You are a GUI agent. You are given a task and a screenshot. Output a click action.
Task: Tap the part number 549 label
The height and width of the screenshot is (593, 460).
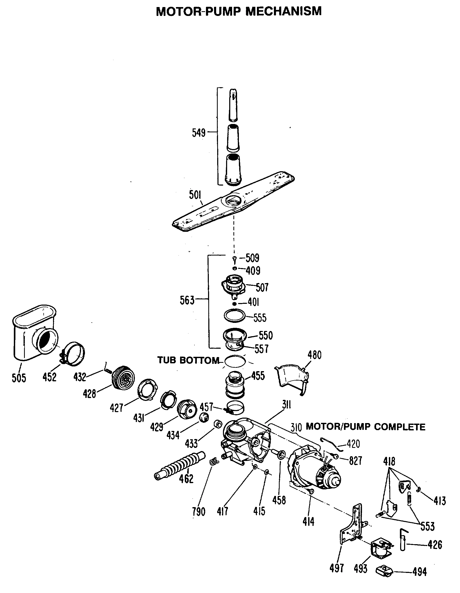[199, 133]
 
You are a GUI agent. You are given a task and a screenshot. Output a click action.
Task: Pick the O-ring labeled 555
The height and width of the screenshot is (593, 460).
[234, 316]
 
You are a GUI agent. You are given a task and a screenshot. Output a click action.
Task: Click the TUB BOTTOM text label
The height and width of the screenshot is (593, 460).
[188, 360]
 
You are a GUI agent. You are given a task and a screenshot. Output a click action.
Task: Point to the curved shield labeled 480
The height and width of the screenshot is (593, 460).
[292, 378]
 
